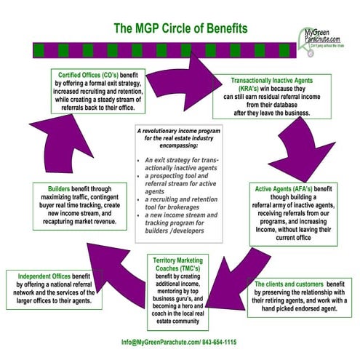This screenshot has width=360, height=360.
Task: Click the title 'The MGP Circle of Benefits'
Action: pos(180,28)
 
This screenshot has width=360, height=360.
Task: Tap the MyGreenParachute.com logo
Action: pos(328,36)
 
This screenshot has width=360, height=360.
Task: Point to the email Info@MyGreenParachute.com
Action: pos(155,342)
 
